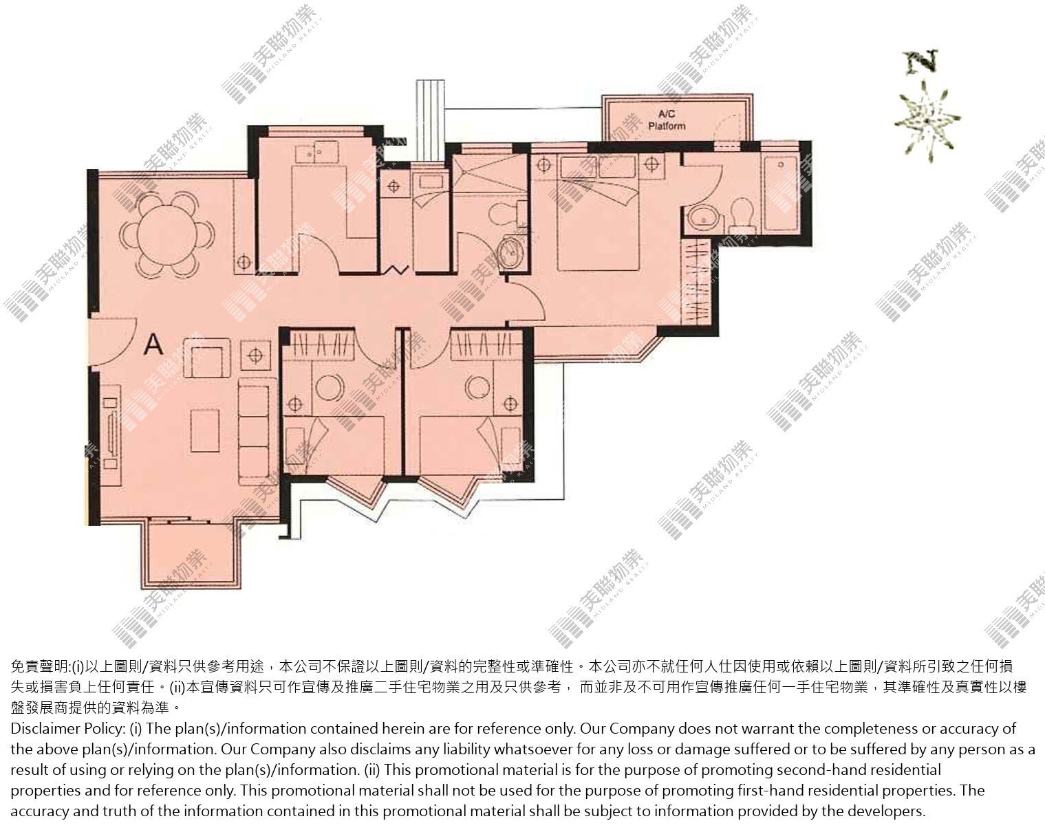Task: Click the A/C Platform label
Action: (x=667, y=120)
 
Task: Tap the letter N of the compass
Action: (x=921, y=63)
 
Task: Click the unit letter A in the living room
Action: (x=154, y=344)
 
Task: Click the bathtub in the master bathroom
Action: (x=781, y=194)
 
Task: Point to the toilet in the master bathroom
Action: (x=742, y=215)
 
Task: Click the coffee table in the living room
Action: (x=205, y=430)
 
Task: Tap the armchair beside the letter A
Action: (x=207, y=359)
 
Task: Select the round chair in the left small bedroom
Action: (x=330, y=388)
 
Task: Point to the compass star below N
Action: (x=927, y=121)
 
